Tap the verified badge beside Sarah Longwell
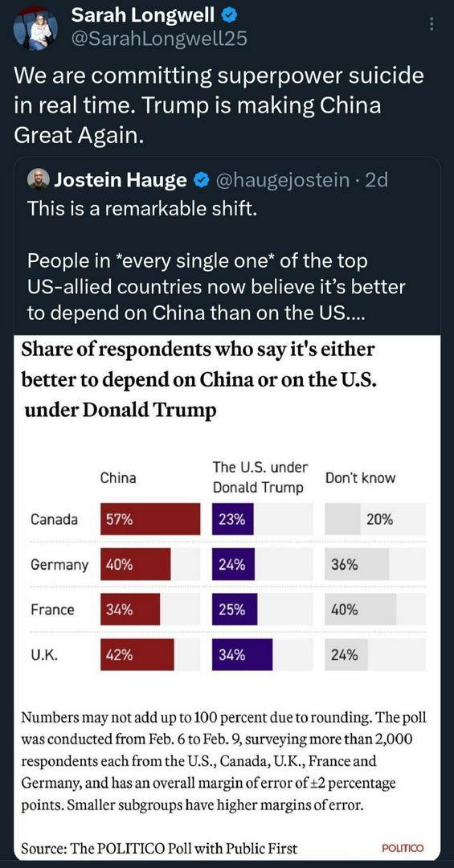pos(229,16)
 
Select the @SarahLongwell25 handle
pos(159,39)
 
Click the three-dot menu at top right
pos(432,24)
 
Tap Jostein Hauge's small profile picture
pos(39,180)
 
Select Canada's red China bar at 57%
pos(150,519)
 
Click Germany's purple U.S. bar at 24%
pos(233,565)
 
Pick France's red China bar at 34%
pos(130,609)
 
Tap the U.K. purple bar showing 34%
pos(242,655)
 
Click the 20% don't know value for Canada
pos(379,520)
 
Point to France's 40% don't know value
pos(345,610)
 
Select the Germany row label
pos(59,565)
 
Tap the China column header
pos(118,477)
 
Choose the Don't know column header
pos(361,477)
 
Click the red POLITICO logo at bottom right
pos(403,848)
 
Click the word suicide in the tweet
pos(387,76)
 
